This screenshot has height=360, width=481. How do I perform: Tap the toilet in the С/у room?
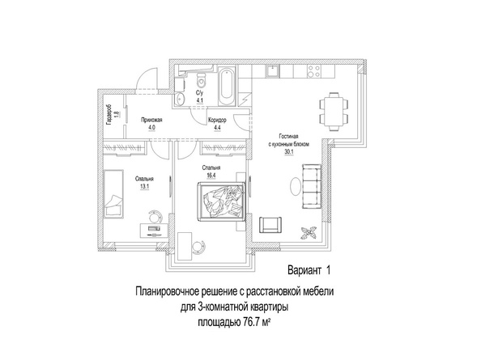tap(201, 79)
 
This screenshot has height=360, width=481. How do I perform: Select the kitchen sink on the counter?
tap(272, 71)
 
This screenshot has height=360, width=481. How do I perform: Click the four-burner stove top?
tap(314, 71)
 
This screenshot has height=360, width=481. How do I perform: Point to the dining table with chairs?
tap(334, 112)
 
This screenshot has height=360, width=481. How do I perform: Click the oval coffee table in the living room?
tap(296, 186)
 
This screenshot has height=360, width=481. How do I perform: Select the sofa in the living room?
tap(312, 186)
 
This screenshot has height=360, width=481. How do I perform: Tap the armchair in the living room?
tap(270, 225)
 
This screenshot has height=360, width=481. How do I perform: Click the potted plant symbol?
tap(309, 232)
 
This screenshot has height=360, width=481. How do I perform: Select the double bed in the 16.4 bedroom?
tap(222, 201)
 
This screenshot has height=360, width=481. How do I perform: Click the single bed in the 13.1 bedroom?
tap(113, 193)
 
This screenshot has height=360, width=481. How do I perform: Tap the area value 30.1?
tap(289, 151)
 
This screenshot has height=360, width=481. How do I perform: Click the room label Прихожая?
tap(151, 120)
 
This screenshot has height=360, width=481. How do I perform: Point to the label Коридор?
tap(217, 120)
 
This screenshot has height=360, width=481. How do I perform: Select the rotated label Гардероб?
tap(109, 115)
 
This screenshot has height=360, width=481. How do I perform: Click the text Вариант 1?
tap(309, 270)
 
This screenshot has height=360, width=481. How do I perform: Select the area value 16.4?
tap(211, 176)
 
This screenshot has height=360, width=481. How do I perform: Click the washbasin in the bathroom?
tap(180, 99)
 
